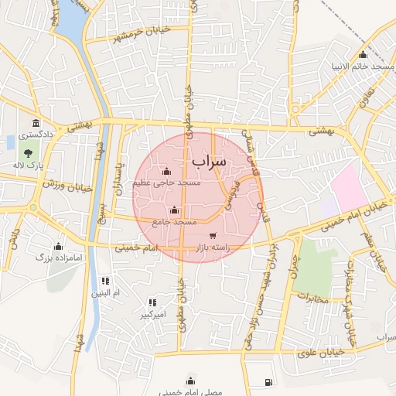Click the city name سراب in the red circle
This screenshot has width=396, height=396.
tap(209, 162)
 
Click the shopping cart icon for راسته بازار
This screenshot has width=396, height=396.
tap(213, 235)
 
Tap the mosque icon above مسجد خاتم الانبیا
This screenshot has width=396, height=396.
tap(363, 54)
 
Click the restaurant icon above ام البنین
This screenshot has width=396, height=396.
tap(105, 281)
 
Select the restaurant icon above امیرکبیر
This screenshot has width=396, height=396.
tap(152, 302)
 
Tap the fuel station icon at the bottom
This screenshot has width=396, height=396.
tap(268, 381)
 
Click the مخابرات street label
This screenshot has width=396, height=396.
tap(313, 298)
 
